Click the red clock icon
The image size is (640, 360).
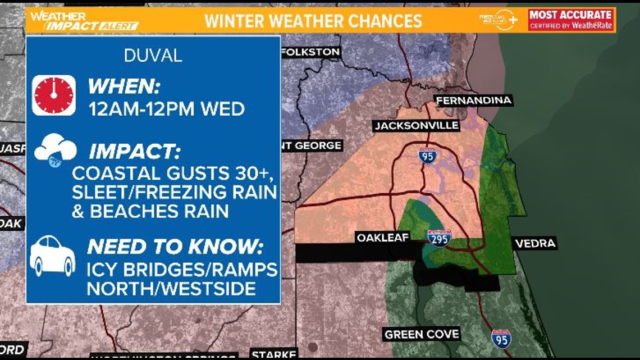point(54,95)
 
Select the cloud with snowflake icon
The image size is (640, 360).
point(55,151)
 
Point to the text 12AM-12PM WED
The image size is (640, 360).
point(166,108)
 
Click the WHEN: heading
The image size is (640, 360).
point(124,87)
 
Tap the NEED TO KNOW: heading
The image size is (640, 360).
point(175,247)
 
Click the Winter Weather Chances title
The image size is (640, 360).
point(313,21)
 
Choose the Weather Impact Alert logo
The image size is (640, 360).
point(84,21)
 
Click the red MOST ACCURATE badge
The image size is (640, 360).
point(571,20)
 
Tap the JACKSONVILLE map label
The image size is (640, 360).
point(416,125)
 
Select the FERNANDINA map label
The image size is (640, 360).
point(473,101)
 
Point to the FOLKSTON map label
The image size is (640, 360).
point(310,52)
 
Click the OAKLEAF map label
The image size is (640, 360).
point(382,238)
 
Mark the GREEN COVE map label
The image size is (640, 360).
point(422,334)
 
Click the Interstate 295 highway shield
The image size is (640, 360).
point(439,238)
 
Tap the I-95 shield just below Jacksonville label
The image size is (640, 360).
point(427,156)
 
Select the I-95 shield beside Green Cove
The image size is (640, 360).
point(501,339)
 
